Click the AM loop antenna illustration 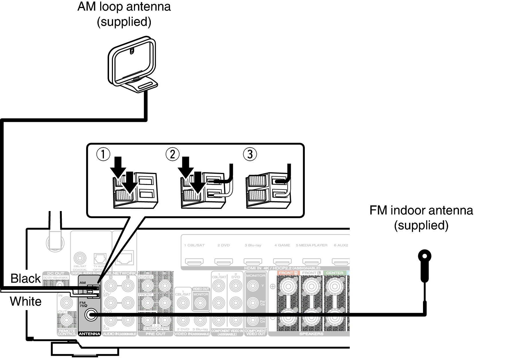[x=132, y=65]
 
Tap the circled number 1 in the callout [x=103, y=154]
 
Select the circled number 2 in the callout [x=173, y=154]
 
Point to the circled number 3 [x=250, y=154]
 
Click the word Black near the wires [x=25, y=278]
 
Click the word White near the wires [x=25, y=301]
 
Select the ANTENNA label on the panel [x=89, y=334]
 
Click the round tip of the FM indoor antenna [x=425, y=256]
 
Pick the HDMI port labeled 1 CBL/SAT [x=194, y=261]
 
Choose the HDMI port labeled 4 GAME [x=282, y=261]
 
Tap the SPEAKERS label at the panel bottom [x=311, y=334]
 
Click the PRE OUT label [x=155, y=334]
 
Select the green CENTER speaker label [x=334, y=273]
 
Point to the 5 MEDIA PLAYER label [x=311, y=245]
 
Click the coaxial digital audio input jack [x=80, y=258]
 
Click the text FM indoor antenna [x=421, y=210]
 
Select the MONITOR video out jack [x=200, y=303]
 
